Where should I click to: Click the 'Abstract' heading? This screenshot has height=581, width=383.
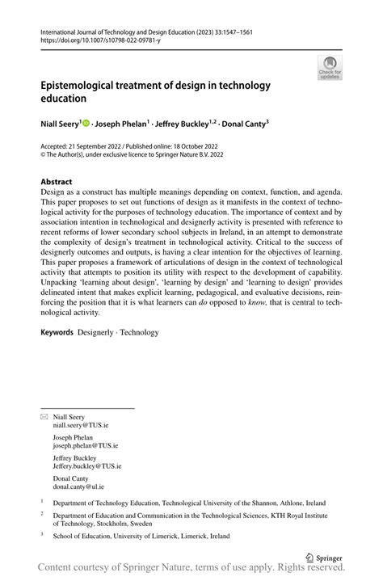tap(57, 182)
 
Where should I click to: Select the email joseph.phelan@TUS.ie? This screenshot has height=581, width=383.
tap(86, 445)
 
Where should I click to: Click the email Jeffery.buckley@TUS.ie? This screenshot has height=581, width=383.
tap(88, 466)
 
